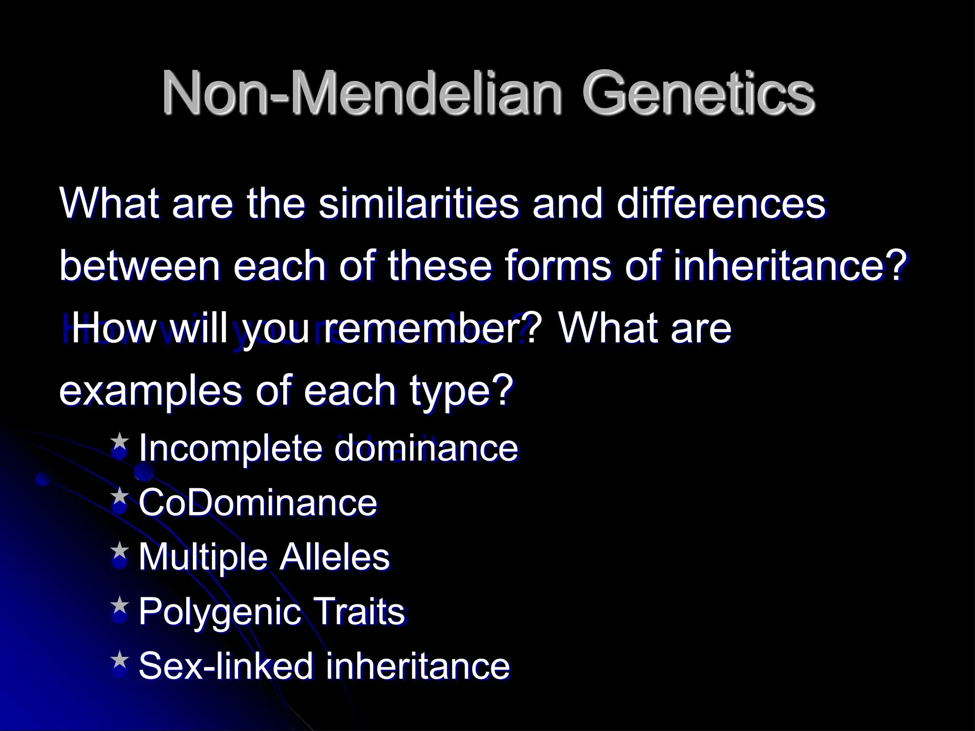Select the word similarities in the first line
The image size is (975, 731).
[418, 204]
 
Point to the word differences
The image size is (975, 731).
[720, 204]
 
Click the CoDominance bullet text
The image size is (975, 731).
[258, 503]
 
